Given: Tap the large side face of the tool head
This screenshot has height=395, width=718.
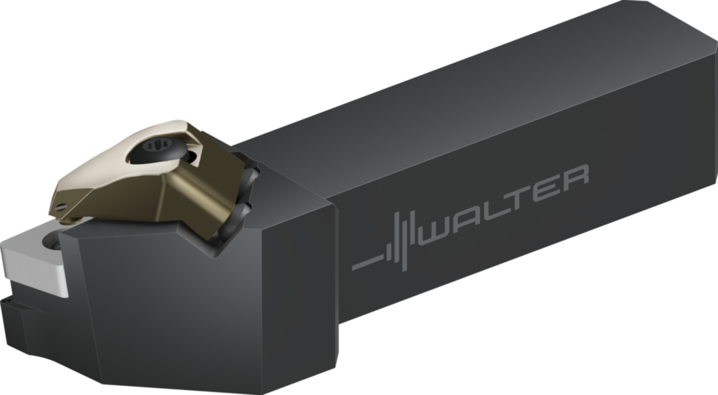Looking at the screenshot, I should click(x=204, y=309).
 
